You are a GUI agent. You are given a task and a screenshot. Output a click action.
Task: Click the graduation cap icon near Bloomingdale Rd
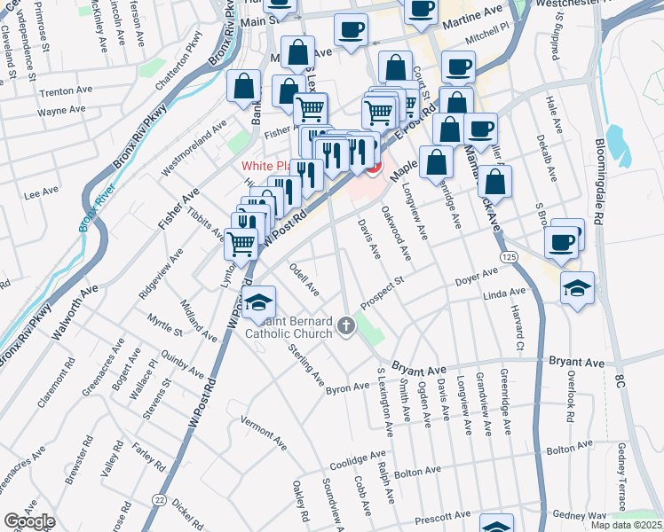pyautogui.click(x=577, y=288)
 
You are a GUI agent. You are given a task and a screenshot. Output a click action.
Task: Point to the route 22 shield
pyautogui.click(x=158, y=501)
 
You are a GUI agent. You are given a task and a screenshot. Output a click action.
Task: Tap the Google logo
pyautogui.click(x=29, y=521)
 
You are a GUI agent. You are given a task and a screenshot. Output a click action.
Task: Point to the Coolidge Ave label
pyautogui.click(x=358, y=460)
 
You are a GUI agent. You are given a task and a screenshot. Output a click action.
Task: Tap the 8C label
pyautogui.click(x=620, y=380)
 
